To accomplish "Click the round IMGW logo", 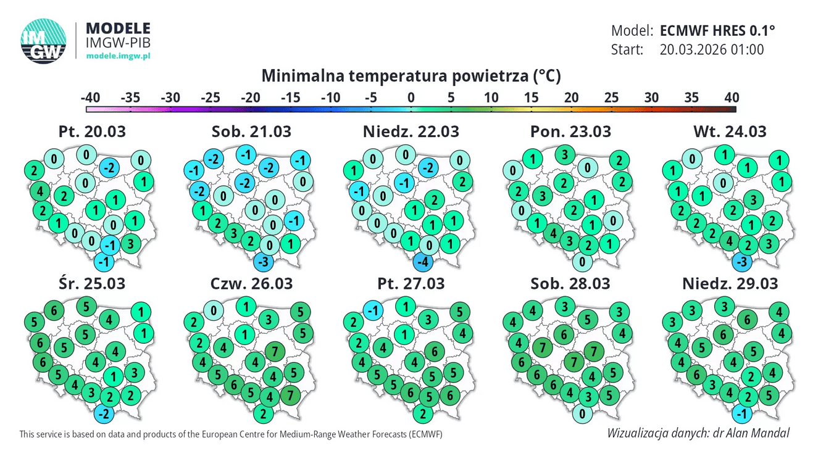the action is (43, 41).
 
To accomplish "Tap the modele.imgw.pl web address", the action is (118, 56).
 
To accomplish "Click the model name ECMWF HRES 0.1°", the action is (717, 31).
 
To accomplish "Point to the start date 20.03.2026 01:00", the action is (712, 49).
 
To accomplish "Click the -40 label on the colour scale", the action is (90, 98).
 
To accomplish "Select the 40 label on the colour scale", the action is (732, 98).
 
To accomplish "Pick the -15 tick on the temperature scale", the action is (291, 98).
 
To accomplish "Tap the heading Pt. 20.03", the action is (92, 131).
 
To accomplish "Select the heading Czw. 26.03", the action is (251, 284).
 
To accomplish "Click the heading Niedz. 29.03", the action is (730, 284).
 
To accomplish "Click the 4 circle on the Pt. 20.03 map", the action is (40, 191).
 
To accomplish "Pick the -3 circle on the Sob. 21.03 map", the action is (263, 262).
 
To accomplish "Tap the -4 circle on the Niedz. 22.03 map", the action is (423, 262).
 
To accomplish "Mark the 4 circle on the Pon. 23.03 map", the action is (553, 233).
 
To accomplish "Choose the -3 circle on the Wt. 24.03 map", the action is (742, 262).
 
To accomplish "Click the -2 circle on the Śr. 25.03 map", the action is (104, 414).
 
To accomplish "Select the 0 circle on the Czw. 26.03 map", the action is (214, 310).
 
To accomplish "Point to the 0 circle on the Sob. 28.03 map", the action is (582, 414).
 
